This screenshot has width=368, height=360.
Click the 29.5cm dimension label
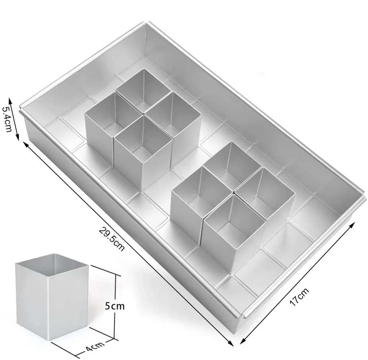point(111,239)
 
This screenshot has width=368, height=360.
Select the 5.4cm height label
point(7,119)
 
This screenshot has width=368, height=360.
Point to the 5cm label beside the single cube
point(115,306)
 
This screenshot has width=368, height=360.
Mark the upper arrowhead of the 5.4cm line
point(10,101)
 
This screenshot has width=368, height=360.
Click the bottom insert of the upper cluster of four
point(143,153)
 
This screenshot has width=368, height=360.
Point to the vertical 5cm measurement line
point(115,307)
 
